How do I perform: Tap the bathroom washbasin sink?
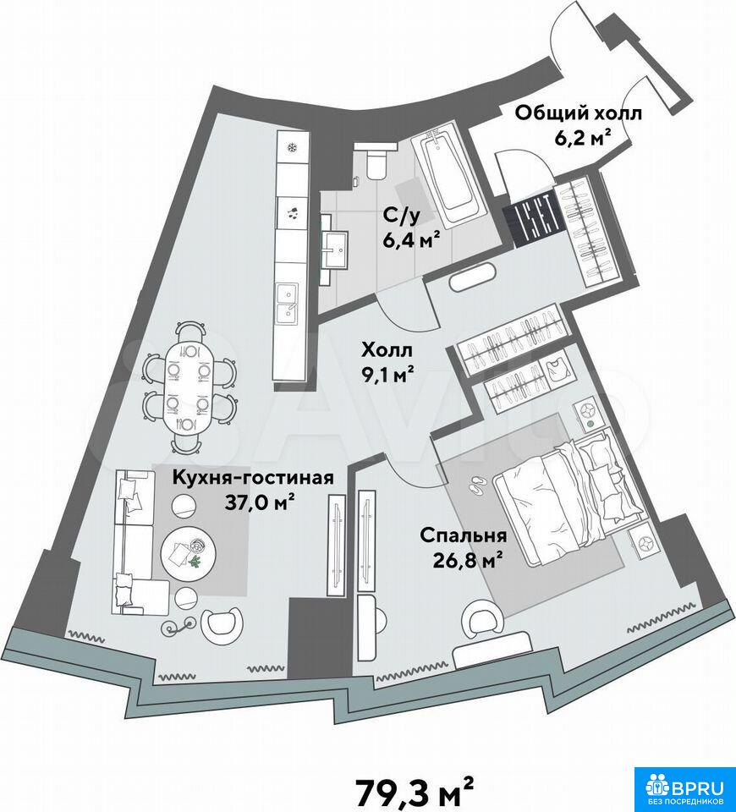click(338, 249)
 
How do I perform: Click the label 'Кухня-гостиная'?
click(252, 476)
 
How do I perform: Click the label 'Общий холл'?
click(578, 112)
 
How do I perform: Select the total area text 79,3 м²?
click(414, 787)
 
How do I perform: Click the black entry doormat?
click(532, 220)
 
